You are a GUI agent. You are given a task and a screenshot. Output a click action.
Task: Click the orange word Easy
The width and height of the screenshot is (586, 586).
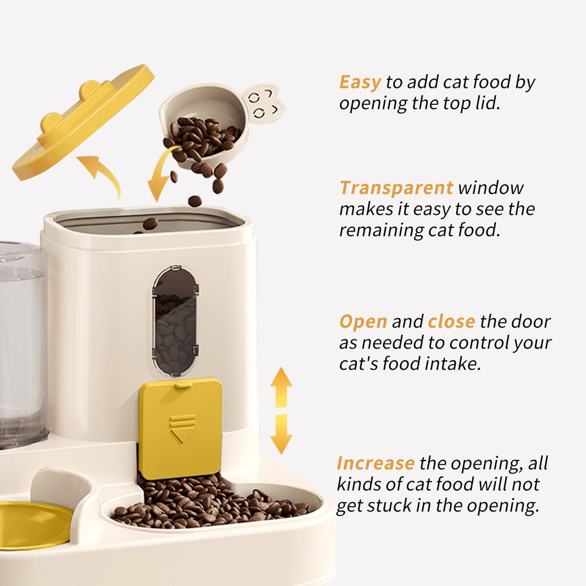[360, 83]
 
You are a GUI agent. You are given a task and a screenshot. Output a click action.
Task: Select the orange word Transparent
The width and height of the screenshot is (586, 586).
[396, 188]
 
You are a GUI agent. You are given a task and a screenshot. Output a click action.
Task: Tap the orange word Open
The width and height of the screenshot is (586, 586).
[363, 322]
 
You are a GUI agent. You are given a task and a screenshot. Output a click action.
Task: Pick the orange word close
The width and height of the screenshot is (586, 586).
[451, 322]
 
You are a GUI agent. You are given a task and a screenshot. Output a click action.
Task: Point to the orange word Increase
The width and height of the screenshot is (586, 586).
[376, 464]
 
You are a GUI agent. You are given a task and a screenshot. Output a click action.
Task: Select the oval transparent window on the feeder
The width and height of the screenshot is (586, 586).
[175, 321]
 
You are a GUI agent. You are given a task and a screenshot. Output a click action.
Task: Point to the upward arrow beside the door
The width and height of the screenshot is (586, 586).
[281, 387]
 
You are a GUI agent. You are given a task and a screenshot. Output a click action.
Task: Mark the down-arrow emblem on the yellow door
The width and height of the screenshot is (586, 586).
[183, 428]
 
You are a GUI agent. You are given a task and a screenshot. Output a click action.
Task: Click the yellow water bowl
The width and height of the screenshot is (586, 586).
[32, 524]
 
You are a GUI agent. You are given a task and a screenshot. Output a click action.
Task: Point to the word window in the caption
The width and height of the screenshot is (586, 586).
[491, 188]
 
